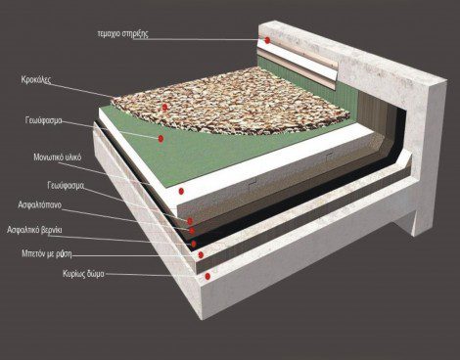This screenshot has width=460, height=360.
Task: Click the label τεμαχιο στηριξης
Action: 122,34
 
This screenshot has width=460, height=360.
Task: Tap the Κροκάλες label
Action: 36,80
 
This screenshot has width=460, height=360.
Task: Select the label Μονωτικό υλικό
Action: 58,157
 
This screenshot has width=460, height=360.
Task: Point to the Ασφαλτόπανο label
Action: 39,205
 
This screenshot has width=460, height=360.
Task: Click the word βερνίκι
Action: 52,230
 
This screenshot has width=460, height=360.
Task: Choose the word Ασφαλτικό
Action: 23,230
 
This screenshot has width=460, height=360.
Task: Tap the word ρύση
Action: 64,253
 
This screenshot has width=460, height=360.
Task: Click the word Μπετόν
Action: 33,253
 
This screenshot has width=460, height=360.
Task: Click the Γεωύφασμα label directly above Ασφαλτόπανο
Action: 66,186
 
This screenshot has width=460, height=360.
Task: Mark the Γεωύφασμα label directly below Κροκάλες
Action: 43,120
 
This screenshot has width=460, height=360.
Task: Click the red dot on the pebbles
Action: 164,107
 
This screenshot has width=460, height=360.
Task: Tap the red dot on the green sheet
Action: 161,139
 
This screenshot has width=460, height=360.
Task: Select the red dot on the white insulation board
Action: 181,191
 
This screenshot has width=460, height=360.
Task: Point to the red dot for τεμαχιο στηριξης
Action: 267,40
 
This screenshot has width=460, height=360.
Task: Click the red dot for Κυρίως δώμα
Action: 207,277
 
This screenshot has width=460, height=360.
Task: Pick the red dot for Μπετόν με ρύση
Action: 201,254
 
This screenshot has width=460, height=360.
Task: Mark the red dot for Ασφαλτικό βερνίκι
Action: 194,244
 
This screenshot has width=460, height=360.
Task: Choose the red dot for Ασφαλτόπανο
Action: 192,231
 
